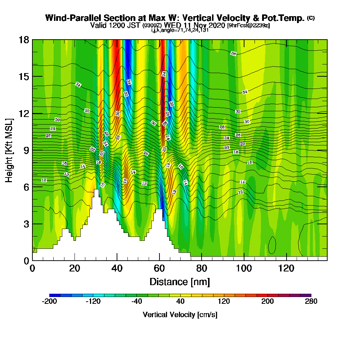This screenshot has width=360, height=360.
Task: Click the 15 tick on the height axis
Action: coord(24,76)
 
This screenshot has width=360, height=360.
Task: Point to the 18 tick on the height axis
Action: coord(24,40)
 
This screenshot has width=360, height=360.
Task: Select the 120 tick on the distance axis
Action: coord(287,268)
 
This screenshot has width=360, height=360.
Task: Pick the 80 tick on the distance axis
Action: coord(202,268)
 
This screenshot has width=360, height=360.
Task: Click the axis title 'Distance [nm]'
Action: coord(180,282)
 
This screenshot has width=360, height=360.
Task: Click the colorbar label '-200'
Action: coord(50,302)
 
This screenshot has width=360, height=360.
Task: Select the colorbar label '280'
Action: coord(311,302)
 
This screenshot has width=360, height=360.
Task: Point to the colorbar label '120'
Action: coord(224,302)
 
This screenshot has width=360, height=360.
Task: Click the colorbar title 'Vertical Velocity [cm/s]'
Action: coord(180,315)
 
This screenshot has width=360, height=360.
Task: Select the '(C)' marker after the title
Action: coord(311,18)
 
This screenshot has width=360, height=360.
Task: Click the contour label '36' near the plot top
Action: coord(233,54)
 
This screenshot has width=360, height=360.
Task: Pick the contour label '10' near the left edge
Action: coord(44,180)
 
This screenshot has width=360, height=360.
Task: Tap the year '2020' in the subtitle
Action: coord(216,26)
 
